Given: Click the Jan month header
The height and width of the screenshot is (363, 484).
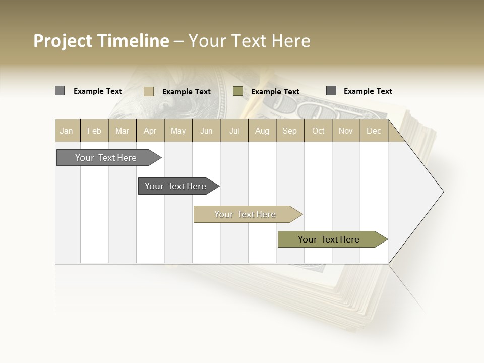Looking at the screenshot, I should pos(67,131).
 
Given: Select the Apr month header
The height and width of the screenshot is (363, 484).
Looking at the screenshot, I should pos(150,131).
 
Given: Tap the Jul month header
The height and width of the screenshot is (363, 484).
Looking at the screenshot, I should pos(234,131).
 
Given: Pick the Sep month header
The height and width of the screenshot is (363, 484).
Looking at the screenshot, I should pos(289,131).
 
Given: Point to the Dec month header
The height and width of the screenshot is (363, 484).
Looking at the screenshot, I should pos(374,131).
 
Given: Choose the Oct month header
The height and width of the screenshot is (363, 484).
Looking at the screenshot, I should pos(318,131).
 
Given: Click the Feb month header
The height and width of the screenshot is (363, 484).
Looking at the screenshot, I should pos(94,131).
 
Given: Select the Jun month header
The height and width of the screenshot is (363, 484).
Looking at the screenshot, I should pos(206,131).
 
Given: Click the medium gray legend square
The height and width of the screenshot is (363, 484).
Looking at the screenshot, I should pos(59,91).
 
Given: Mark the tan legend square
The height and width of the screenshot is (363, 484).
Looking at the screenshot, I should pos(148,91).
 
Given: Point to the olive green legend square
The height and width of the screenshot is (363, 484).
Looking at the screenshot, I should pos(238,91).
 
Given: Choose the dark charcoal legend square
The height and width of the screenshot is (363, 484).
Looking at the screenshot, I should pos(331,91).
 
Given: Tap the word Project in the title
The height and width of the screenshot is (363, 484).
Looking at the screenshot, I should pos(63,41).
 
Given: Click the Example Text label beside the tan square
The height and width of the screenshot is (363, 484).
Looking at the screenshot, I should pos(187,92).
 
